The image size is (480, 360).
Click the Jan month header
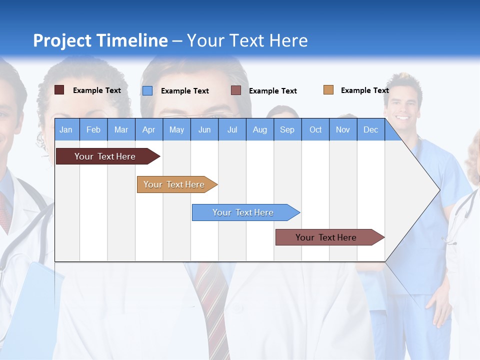(66, 129)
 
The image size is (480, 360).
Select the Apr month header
(148, 129)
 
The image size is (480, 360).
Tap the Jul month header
(232, 129)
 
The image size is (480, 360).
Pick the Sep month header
(287, 129)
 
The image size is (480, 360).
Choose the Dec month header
(370, 129)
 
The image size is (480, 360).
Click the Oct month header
(315, 129)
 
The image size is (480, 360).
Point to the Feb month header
(93, 129)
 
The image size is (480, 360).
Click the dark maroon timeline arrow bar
(105, 156)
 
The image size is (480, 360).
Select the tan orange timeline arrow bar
(174, 184)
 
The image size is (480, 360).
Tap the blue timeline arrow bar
(243, 212)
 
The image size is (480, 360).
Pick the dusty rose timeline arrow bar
(326, 237)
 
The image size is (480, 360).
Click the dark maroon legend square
(59, 90)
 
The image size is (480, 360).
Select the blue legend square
(147, 90)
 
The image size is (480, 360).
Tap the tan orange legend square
(328, 90)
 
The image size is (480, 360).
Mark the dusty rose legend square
(236, 90)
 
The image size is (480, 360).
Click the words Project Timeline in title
(100, 40)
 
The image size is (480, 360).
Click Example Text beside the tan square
(364, 90)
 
